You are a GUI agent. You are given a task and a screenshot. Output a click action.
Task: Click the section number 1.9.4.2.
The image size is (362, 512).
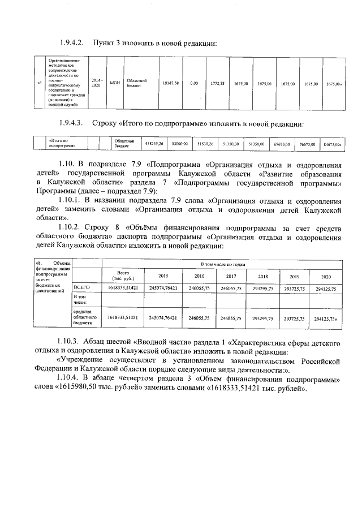72,43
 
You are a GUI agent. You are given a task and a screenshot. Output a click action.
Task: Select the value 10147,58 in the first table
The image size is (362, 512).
171,83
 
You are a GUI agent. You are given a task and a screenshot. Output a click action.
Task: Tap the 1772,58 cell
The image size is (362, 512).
218,83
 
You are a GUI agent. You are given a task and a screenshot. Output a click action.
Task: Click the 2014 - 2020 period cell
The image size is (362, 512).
96,83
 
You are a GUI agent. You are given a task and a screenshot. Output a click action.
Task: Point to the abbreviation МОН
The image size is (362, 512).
115,83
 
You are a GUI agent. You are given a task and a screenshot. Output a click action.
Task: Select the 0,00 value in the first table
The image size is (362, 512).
194,83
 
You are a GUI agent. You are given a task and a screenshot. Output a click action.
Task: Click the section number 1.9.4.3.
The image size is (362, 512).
72,123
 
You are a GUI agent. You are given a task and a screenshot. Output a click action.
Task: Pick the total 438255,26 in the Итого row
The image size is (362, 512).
154,144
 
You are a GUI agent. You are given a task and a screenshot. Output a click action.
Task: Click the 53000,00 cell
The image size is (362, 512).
180,144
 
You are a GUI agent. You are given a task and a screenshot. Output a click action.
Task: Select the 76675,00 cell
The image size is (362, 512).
308,144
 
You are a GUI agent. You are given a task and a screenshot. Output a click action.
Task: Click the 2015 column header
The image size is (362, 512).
163,276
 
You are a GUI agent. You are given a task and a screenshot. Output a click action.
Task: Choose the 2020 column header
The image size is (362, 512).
326,276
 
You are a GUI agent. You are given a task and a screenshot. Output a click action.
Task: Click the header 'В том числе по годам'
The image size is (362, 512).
224,264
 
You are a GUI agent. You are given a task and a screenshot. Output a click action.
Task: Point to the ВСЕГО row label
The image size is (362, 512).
82,288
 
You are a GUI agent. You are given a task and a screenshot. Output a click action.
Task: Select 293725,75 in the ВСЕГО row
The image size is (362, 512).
294,289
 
